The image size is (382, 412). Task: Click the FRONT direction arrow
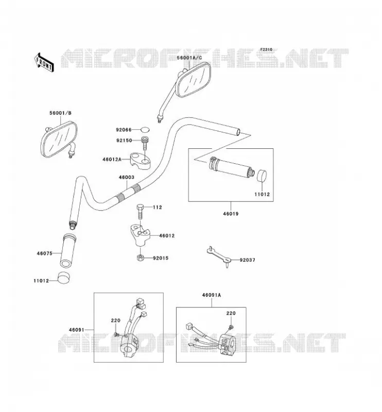(x=44, y=62)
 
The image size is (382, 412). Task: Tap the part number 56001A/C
(x=189, y=58)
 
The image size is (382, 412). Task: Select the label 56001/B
(x=60, y=113)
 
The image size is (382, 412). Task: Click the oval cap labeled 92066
(x=145, y=130)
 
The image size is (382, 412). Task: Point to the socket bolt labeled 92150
(x=145, y=143)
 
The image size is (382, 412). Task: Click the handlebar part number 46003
(x=126, y=177)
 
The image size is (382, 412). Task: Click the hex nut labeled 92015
(x=140, y=257)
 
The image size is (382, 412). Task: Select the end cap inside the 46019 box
(x=262, y=176)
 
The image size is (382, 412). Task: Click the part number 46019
(x=231, y=214)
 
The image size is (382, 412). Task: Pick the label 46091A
(x=212, y=295)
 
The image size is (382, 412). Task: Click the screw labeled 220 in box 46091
(x=117, y=334)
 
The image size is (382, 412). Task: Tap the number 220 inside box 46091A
(x=231, y=313)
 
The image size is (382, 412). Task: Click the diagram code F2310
(x=266, y=49)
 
